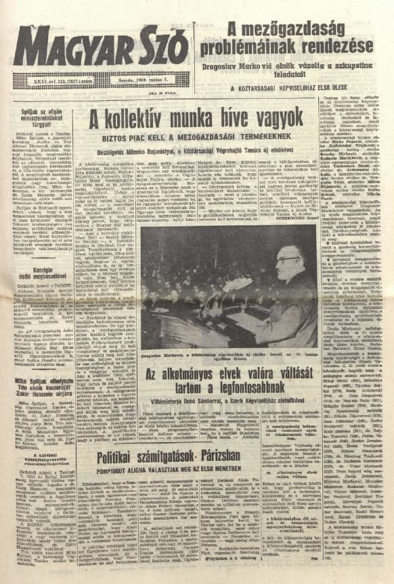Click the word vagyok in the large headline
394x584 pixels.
pos(270,119)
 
